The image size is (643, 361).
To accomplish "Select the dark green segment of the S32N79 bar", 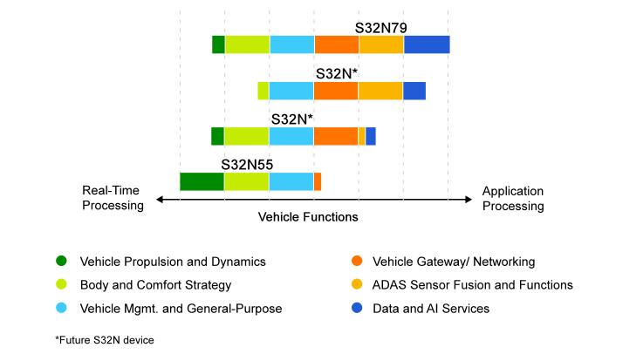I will click(x=218, y=44).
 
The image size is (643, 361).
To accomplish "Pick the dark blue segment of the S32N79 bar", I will click(x=427, y=44).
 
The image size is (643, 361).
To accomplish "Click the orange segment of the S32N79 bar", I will click(x=337, y=44).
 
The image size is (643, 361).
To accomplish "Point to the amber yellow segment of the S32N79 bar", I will click(x=381, y=44).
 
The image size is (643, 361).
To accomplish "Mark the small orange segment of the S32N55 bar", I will click(x=318, y=181).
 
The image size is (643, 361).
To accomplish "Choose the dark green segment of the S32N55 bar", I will click(x=202, y=181).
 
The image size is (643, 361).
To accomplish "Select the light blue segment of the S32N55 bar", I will click(x=291, y=181).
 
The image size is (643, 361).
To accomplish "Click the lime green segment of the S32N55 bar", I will click(x=247, y=181).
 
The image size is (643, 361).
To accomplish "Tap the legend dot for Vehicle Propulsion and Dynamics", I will click(x=61, y=261).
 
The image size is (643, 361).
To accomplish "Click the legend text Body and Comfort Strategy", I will click(x=155, y=284).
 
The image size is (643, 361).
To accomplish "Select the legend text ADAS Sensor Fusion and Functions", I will click(x=473, y=284).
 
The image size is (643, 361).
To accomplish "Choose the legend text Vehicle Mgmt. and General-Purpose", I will click(x=181, y=308).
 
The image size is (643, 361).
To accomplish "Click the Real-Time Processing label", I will click(x=113, y=199).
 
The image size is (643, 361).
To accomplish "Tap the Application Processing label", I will click(x=513, y=199).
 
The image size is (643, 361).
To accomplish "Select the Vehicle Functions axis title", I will click(x=308, y=217).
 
